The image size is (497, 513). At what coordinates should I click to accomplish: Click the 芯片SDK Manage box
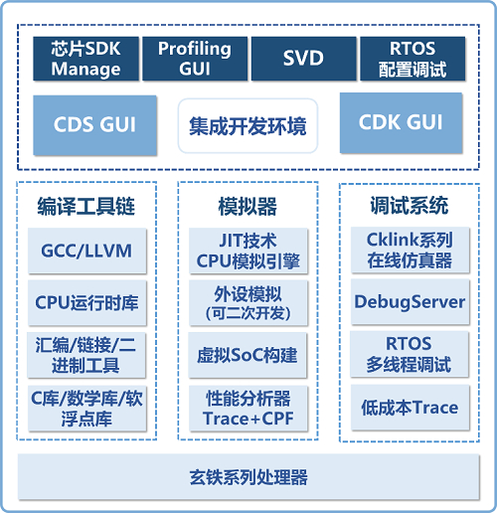point(85,59)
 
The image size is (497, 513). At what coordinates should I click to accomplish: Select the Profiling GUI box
point(195,59)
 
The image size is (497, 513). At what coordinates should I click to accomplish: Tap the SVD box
point(303,59)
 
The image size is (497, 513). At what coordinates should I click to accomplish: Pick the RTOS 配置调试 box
point(413,59)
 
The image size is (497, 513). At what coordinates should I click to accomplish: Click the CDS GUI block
point(94,125)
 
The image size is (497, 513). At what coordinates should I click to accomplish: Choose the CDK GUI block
point(401,122)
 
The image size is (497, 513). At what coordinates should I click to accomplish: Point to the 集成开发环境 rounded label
point(248,126)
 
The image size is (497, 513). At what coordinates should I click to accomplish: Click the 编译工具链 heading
point(86,206)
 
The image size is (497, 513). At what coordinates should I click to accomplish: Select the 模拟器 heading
point(248,206)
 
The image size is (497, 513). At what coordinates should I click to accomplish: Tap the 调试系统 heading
point(410,206)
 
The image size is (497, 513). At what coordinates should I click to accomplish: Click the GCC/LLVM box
point(86,251)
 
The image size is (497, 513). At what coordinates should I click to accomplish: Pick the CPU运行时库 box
point(86,303)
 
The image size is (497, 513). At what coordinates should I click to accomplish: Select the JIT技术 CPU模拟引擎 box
point(248,251)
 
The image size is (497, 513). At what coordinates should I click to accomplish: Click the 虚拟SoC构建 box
point(248,355)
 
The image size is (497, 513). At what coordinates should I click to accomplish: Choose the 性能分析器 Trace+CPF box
point(248,409)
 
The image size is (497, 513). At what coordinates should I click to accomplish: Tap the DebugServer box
point(410,302)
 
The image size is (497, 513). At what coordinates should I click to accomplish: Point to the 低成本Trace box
point(411,408)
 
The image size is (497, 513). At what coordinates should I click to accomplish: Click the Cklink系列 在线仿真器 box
point(411,251)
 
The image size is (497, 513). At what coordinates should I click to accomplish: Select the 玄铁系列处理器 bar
point(248,477)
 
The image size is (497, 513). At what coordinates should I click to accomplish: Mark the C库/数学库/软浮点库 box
point(86,409)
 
